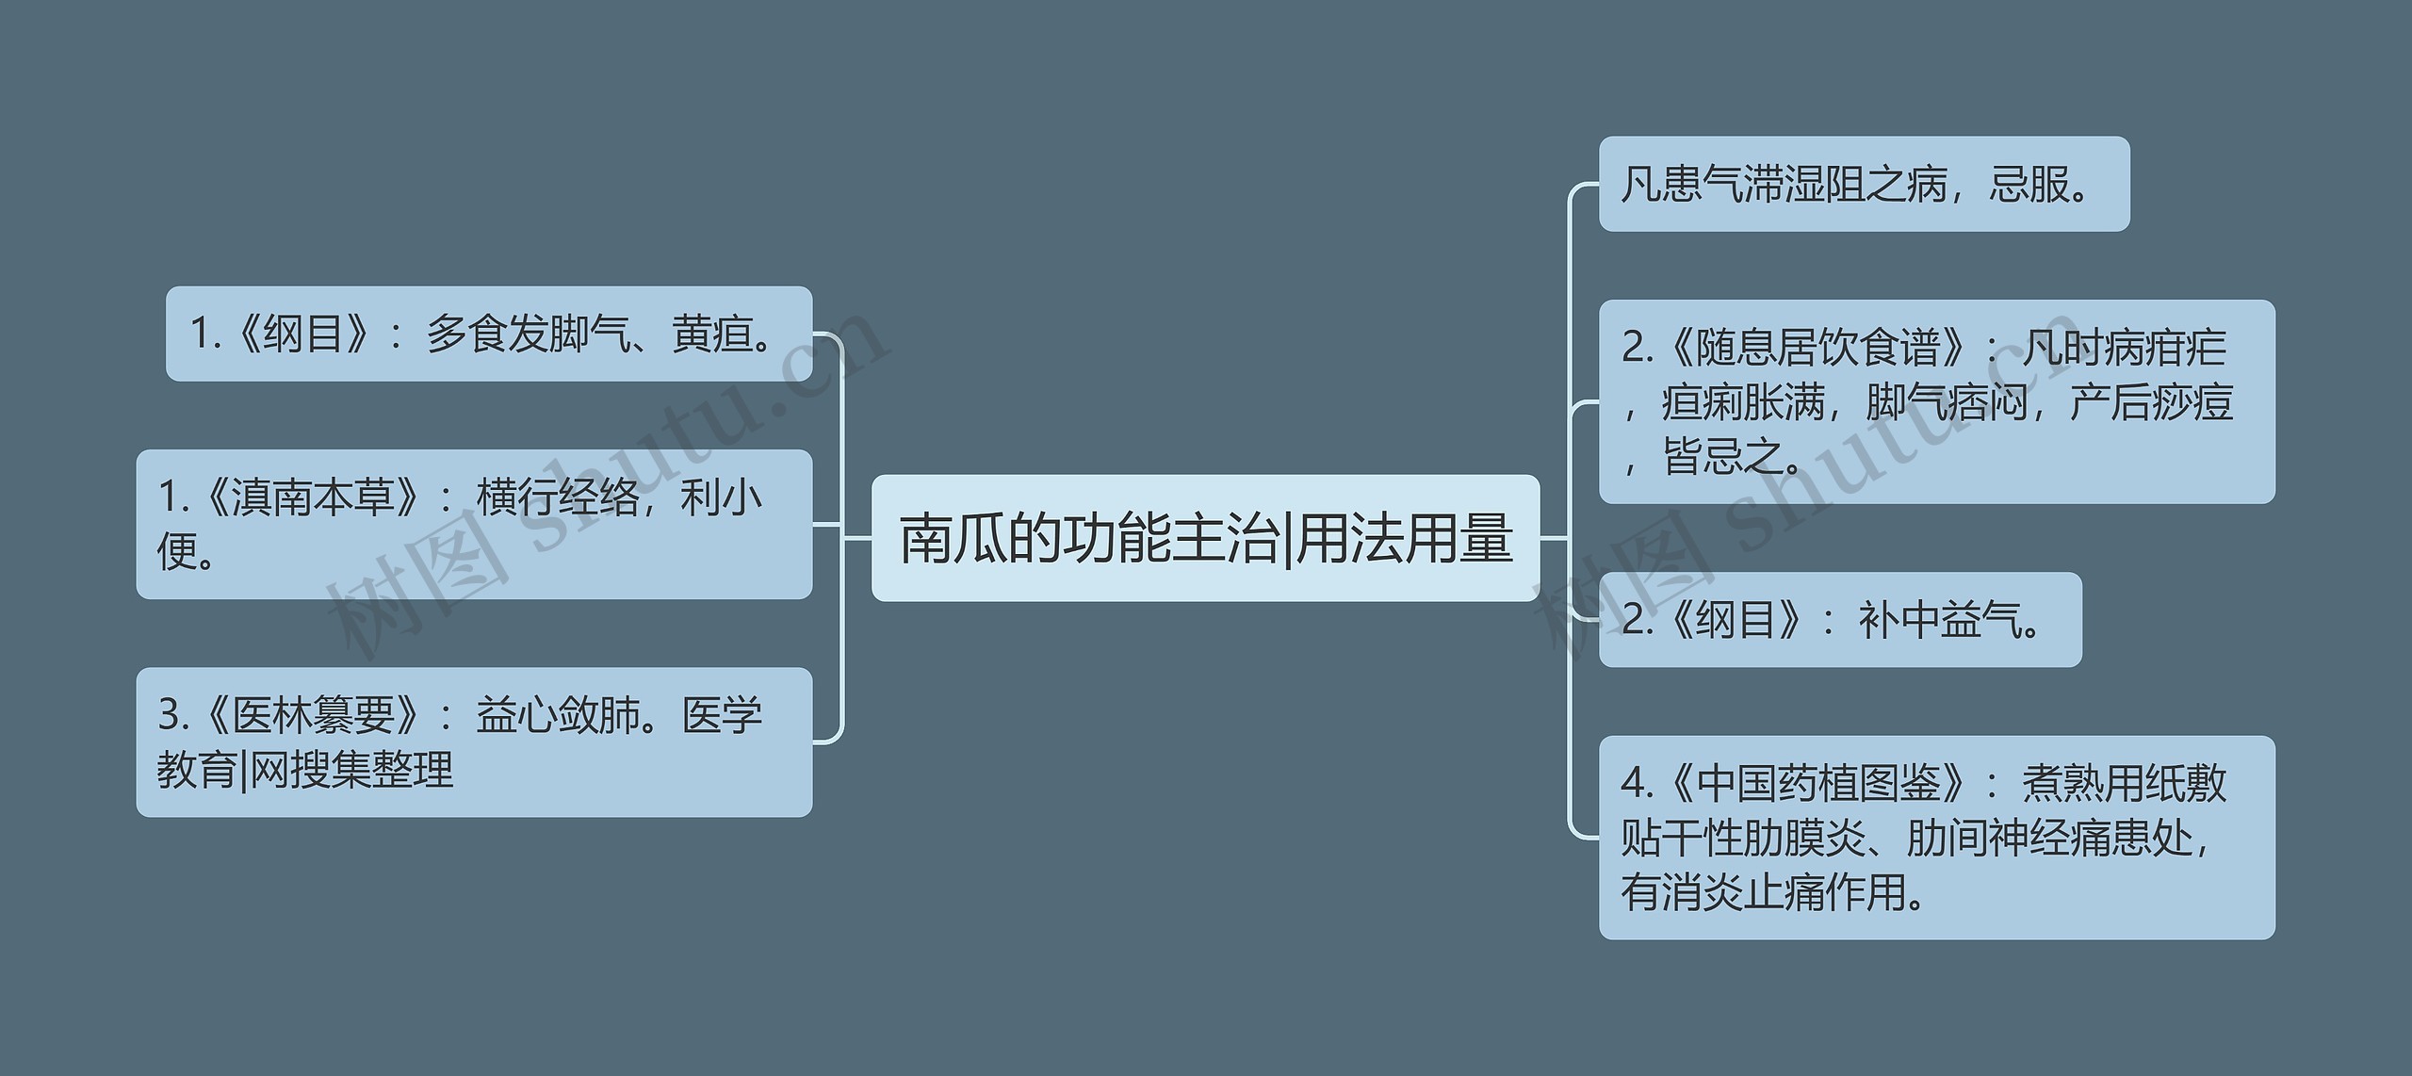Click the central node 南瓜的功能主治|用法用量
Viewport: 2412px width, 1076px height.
1205,538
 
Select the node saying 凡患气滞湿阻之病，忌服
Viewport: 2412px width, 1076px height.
1863,184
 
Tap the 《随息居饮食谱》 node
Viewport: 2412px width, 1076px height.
1936,401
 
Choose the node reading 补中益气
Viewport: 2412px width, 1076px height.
1839,620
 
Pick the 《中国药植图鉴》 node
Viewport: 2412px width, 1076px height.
1936,837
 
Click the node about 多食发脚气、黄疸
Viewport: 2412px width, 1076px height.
488,334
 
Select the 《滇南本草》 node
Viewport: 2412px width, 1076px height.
474,524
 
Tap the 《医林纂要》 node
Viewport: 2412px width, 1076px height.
474,742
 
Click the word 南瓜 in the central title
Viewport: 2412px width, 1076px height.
953,539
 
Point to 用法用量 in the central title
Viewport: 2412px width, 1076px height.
1405,539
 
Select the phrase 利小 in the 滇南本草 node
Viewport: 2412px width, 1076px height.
721,497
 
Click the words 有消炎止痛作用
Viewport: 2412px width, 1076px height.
1762,891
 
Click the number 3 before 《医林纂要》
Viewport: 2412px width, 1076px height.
170,716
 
